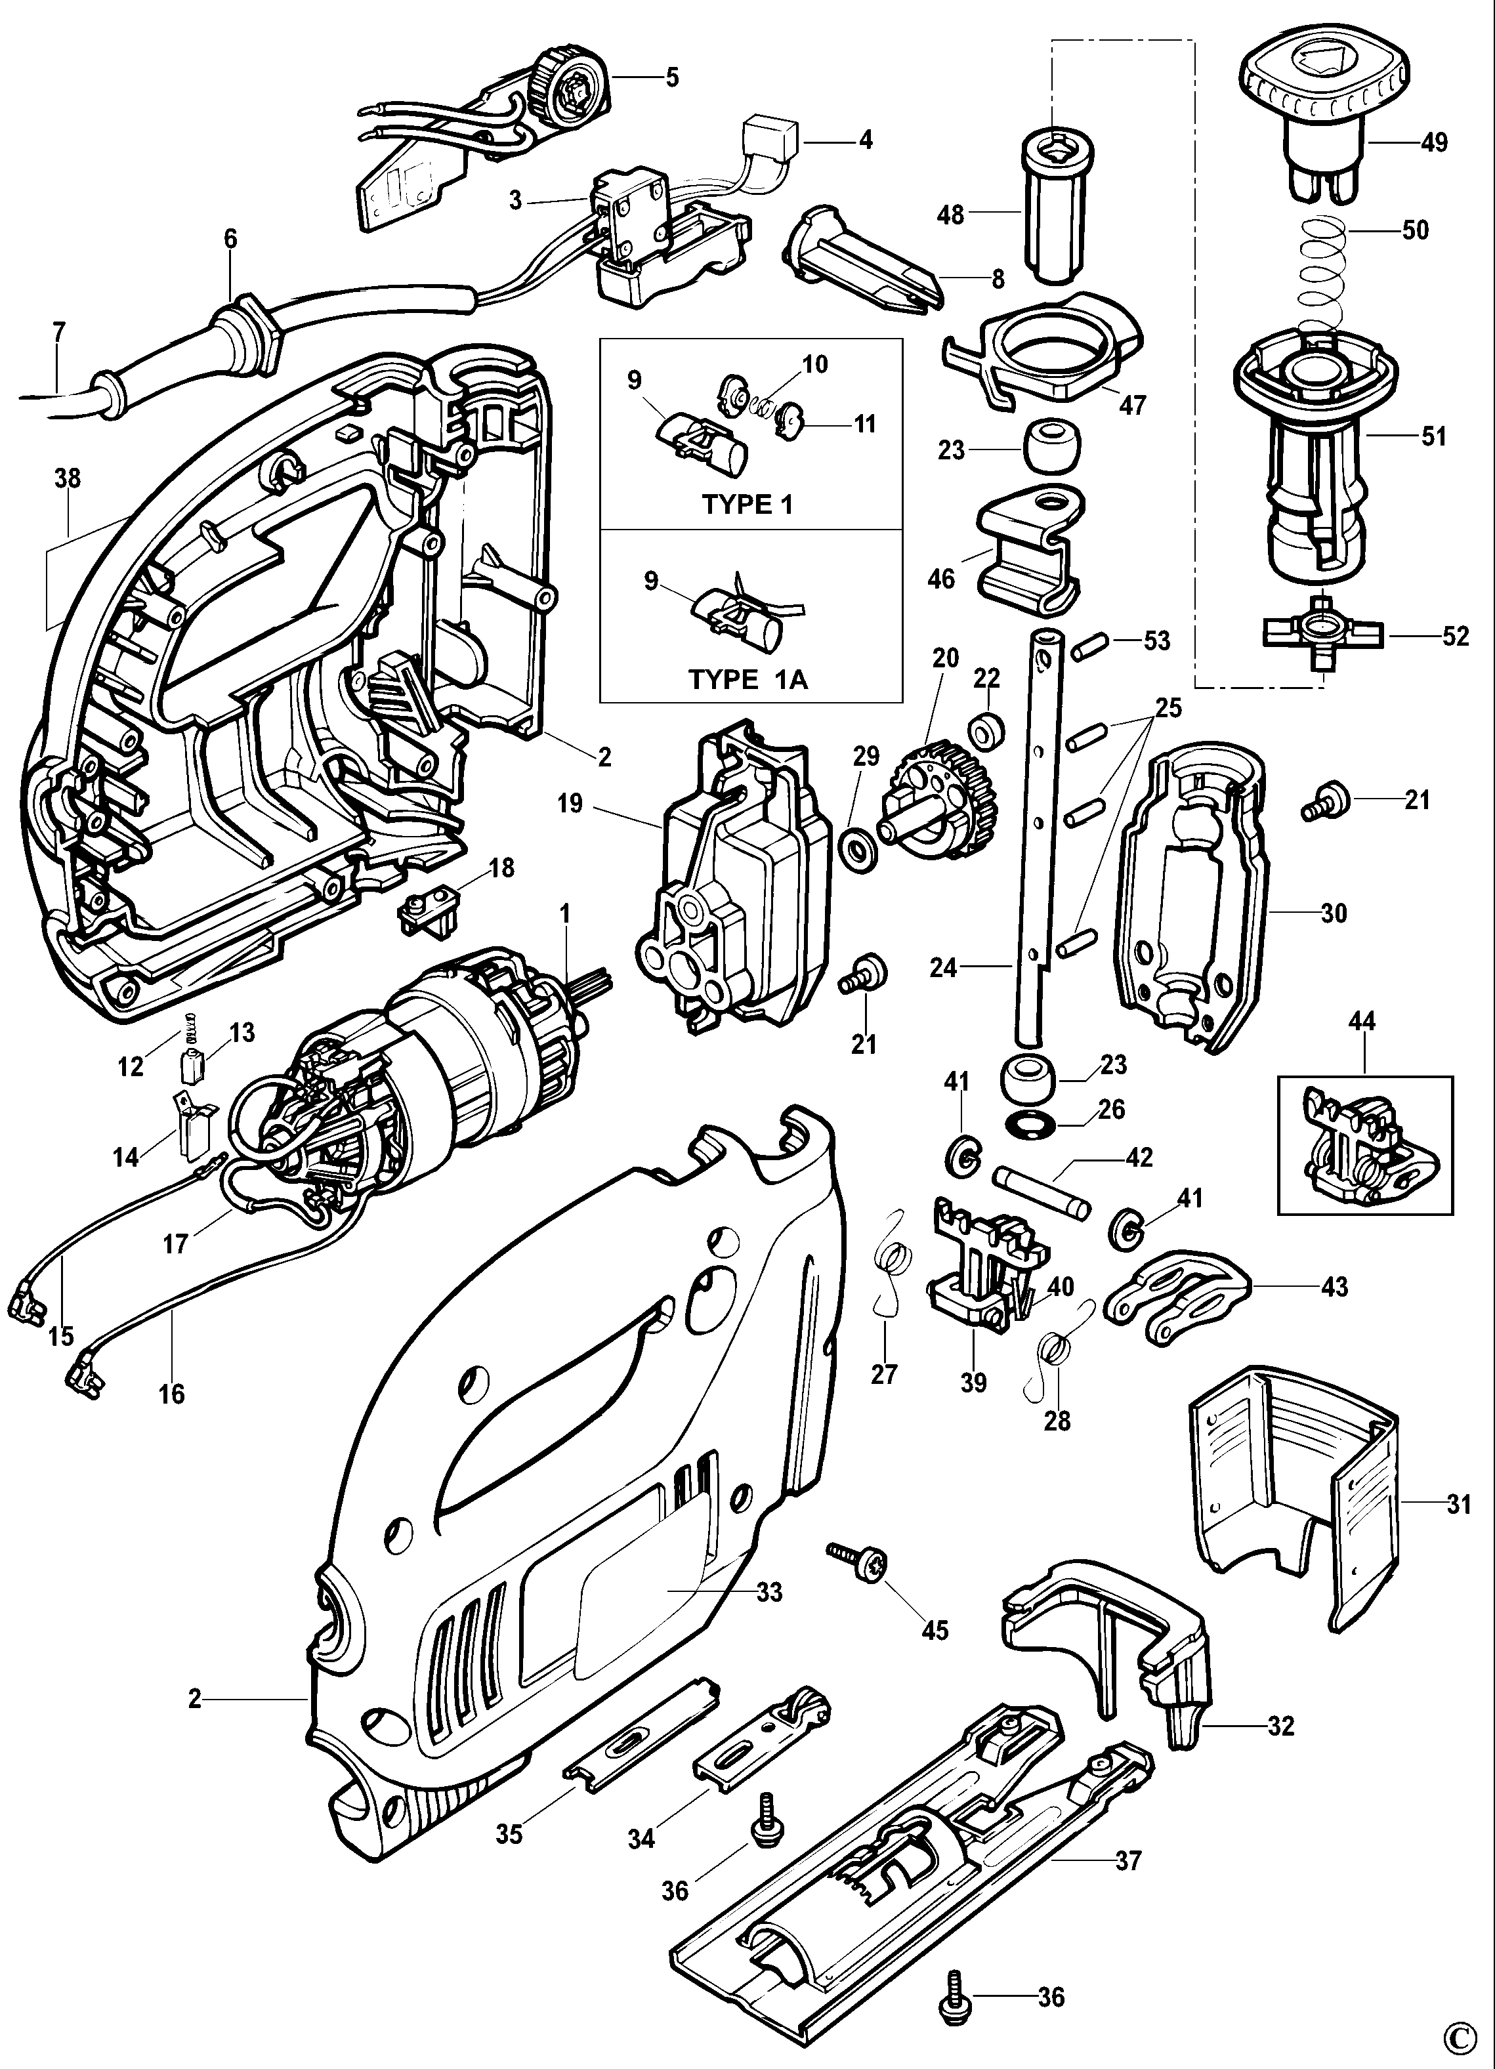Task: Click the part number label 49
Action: (1434, 143)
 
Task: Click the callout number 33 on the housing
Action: (769, 1592)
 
